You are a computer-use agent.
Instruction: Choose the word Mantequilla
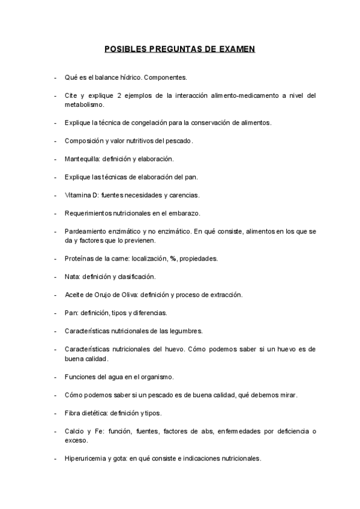click(82, 159)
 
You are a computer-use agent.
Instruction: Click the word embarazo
click(186, 213)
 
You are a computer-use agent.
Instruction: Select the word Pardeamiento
click(85, 231)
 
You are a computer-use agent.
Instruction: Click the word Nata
click(71, 277)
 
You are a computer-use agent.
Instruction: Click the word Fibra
click(72, 413)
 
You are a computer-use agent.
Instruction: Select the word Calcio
click(74, 431)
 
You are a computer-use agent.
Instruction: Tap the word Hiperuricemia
click(87, 459)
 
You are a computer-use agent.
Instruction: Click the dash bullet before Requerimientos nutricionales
click(55, 213)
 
